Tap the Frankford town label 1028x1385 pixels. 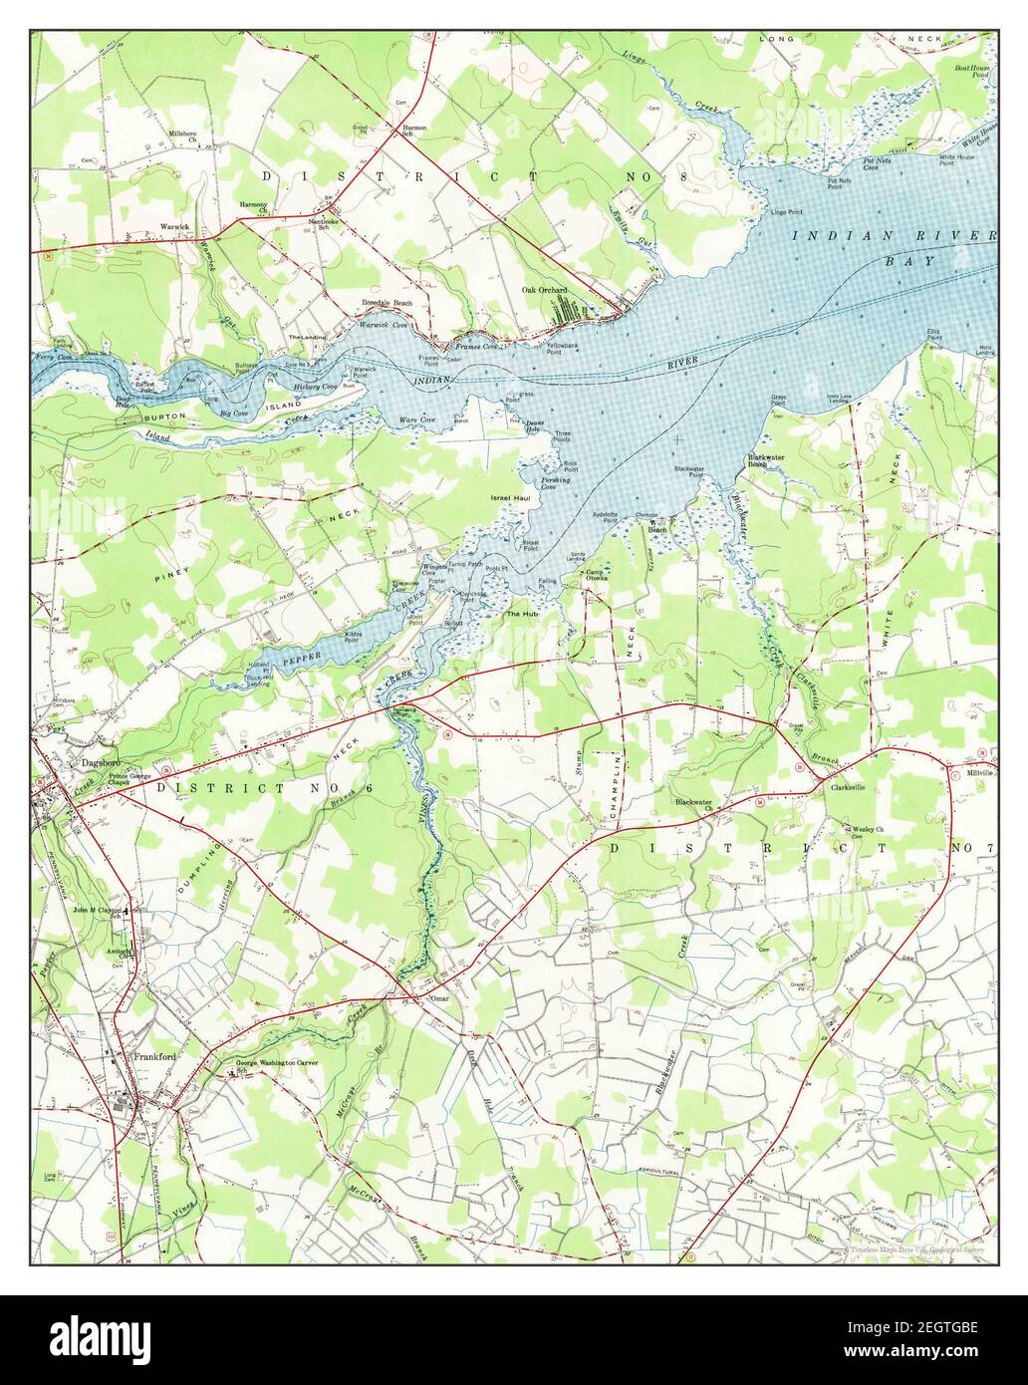(154, 1058)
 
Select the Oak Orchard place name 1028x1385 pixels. (545, 290)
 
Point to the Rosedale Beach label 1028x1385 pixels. (387, 302)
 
